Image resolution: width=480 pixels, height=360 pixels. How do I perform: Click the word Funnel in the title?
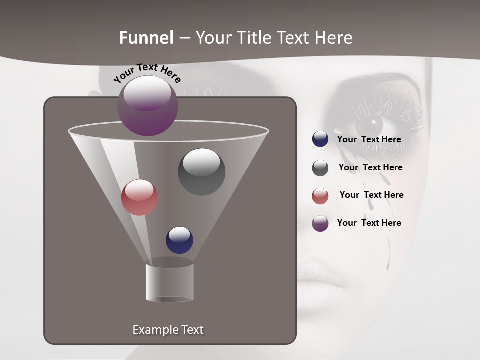pos(146,38)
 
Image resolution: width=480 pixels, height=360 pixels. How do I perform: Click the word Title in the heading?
pos(254,38)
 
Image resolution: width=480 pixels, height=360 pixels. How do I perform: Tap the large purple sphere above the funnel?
pos(148,106)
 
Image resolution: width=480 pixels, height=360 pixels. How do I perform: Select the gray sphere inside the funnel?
pos(201,171)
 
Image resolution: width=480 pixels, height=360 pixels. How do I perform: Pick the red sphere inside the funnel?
pos(139,197)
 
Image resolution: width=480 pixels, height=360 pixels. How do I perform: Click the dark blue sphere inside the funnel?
pos(179,240)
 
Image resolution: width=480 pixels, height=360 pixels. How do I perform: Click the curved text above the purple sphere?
pos(147,73)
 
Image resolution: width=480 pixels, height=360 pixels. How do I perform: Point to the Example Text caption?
pos(168,330)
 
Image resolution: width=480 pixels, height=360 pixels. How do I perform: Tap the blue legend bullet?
pos(320,139)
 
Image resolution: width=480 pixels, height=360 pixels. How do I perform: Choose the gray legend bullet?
pos(320,168)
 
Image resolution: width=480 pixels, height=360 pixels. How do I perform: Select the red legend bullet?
pos(320,196)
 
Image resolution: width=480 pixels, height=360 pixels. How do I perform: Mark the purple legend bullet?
pos(320,223)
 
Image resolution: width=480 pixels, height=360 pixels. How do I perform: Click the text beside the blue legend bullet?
pos(369,140)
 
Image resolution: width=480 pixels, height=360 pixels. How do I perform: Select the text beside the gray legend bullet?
pos(370,168)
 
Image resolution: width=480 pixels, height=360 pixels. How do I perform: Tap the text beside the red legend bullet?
pos(371,195)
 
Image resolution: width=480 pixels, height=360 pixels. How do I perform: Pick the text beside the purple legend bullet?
pos(369,223)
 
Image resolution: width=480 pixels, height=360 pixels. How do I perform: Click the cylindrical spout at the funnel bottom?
pos(169,282)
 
